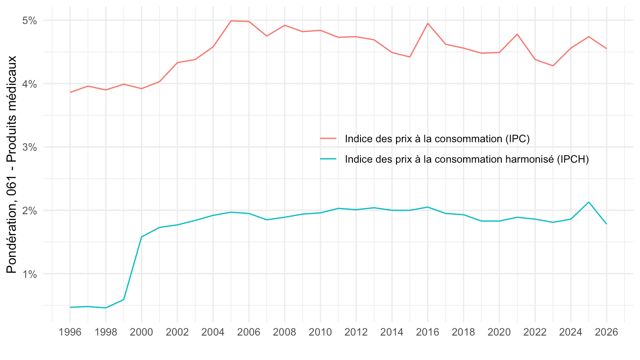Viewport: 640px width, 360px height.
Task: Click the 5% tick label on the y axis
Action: coord(30,20)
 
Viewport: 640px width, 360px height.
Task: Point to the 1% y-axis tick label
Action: coord(30,274)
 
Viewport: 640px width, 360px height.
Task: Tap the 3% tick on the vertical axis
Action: coord(30,147)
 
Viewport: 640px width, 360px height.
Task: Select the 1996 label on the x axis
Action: coord(70,332)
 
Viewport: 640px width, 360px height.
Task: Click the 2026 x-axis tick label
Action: coord(607,332)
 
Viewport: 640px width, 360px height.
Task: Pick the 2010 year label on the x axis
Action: coord(320,332)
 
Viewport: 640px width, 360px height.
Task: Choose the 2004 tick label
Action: coord(213,332)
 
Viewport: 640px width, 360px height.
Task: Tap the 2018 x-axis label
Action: coord(464,332)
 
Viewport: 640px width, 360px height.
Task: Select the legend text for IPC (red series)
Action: coord(437,139)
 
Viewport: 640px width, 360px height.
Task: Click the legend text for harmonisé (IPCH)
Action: coord(467,160)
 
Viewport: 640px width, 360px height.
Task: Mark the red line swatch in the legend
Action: coord(328,139)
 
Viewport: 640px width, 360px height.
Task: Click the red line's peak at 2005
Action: coord(231,21)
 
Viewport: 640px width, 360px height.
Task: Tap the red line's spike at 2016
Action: coord(428,23)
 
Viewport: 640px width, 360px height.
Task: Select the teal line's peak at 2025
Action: coord(589,202)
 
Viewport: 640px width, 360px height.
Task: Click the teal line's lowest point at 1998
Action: coord(106,308)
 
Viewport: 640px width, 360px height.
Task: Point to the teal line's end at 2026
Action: coord(607,224)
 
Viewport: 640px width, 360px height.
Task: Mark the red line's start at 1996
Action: coord(70,92)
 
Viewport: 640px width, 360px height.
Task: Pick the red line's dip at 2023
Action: coord(553,66)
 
